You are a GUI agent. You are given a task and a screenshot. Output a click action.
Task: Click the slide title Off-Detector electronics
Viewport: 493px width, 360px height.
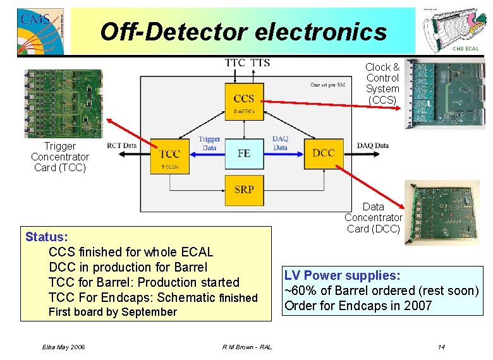point(243,31)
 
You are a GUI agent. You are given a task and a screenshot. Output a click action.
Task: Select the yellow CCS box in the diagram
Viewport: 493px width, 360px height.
point(244,101)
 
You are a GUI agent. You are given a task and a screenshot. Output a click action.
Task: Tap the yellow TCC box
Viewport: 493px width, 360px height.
point(170,155)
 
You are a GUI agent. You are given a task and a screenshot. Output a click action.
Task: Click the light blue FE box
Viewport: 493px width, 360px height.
point(244,153)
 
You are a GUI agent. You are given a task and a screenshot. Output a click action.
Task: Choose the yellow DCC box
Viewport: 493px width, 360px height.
point(323,153)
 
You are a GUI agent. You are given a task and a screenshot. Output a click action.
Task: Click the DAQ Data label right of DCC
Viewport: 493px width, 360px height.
point(373,146)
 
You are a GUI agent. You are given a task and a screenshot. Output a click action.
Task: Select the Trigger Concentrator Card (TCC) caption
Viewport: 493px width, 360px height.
point(60,157)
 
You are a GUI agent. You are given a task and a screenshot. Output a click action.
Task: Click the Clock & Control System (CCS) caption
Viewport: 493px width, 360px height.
point(382,83)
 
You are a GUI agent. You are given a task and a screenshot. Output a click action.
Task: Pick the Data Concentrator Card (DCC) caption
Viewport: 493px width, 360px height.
point(373,218)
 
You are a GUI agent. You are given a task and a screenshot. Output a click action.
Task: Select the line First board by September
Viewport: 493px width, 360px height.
point(113,312)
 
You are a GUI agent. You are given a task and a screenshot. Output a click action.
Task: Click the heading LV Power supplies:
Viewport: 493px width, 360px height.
point(342,275)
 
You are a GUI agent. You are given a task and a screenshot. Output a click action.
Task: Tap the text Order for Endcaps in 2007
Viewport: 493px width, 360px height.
point(358,306)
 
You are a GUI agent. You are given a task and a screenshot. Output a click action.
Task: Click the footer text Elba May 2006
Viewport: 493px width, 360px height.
point(64,347)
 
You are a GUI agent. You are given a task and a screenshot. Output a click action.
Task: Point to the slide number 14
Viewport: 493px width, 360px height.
point(441,347)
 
